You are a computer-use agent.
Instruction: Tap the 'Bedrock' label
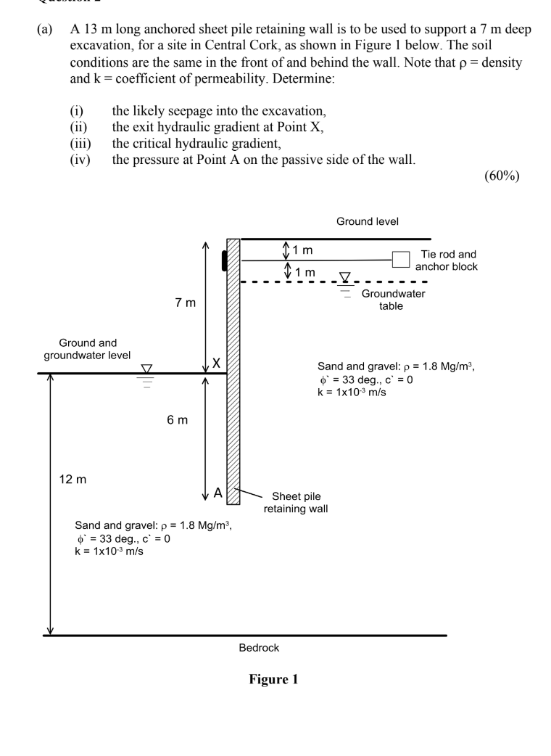[x=259, y=648]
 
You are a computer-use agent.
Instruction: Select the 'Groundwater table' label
[x=393, y=300]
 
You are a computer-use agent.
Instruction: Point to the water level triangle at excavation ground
[x=147, y=369]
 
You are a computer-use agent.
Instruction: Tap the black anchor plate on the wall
[x=225, y=259]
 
